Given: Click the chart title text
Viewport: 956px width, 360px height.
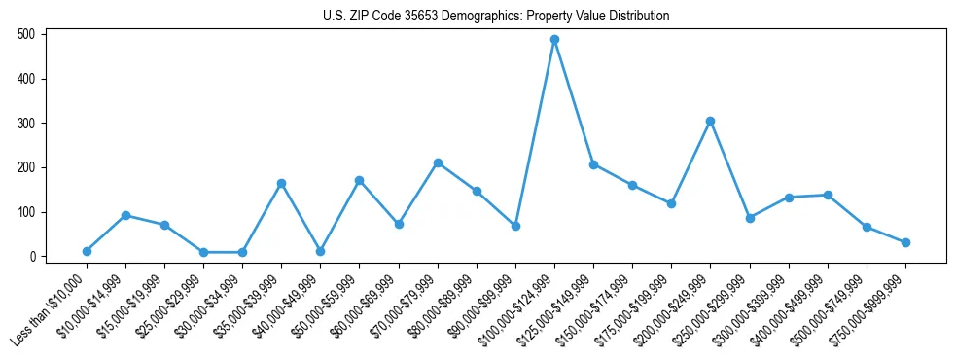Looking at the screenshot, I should pyautogui.click(x=496, y=17).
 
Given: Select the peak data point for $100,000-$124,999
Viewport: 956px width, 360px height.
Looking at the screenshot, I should pyautogui.click(x=554, y=40).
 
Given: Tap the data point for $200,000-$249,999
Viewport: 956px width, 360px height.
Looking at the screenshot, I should pyautogui.click(x=710, y=121).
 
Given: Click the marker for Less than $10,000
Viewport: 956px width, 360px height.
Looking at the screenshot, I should pyautogui.click(x=87, y=251).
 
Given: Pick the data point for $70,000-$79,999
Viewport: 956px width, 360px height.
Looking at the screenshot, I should pyautogui.click(x=438, y=162).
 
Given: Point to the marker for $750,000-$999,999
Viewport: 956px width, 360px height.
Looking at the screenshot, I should pyautogui.click(x=905, y=242).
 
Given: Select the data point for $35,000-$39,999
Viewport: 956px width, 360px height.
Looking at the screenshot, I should pyautogui.click(x=281, y=183).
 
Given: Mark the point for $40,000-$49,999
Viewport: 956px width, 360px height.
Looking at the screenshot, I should pyautogui.click(x=320, y=251).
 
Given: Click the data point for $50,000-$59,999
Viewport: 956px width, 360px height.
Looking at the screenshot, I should pyautogui.click(x=359, y=180).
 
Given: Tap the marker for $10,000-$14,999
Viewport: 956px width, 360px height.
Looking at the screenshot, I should pyautogui.click(x=125, y=215).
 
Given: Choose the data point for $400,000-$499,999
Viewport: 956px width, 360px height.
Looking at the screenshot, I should pyautogui.click(x=828, y=195).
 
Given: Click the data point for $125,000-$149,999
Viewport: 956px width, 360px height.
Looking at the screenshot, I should pyautogui.click(x=593, y=164).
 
